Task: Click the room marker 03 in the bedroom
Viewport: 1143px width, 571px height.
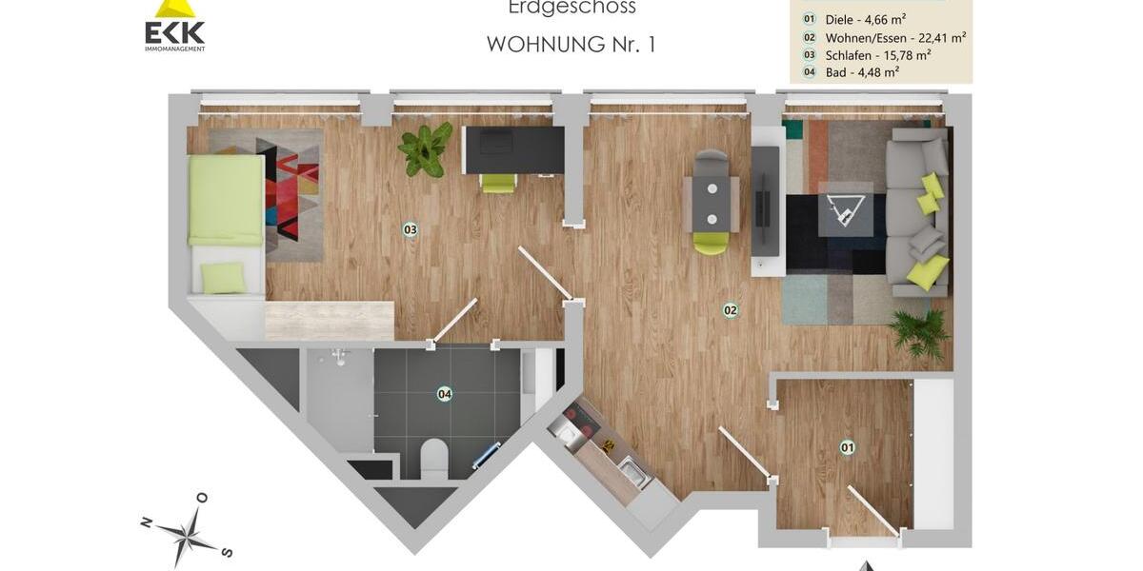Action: pos(411,229)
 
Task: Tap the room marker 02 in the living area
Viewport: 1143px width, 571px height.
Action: pos(731,309)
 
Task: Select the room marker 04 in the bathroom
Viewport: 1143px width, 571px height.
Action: pos(444,393)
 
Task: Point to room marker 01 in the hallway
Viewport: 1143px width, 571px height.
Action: pos(847,446)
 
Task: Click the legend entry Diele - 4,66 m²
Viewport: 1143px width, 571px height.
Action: pos(864,19)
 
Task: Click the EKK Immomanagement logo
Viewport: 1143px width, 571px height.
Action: pos(174,26)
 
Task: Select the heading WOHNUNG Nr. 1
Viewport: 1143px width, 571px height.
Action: pos(571,44)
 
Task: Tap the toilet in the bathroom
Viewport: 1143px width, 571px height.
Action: pos(433,457)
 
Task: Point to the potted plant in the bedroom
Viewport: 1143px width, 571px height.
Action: pos(425,148)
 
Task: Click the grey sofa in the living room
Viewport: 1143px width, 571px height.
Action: pos(918,214)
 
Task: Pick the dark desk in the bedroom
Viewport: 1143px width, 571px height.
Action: pos(512,149)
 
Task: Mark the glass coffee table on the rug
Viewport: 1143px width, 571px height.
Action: pos(845,207)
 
